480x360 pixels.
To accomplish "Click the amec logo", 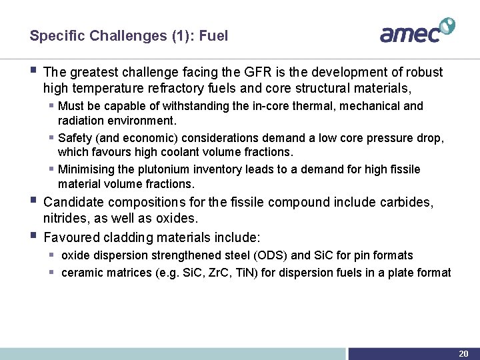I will pyautogui.click(x=417, y=31).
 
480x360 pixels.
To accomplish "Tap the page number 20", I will pyautogui.click(x=463, y=353).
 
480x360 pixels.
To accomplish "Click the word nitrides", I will pyautogui.click(x=65, y=218).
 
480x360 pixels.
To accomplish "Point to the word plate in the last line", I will pyautogui.click(x=409, y=273).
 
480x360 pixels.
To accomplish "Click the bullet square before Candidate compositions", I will pyautogui.click(x=35, y=200).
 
